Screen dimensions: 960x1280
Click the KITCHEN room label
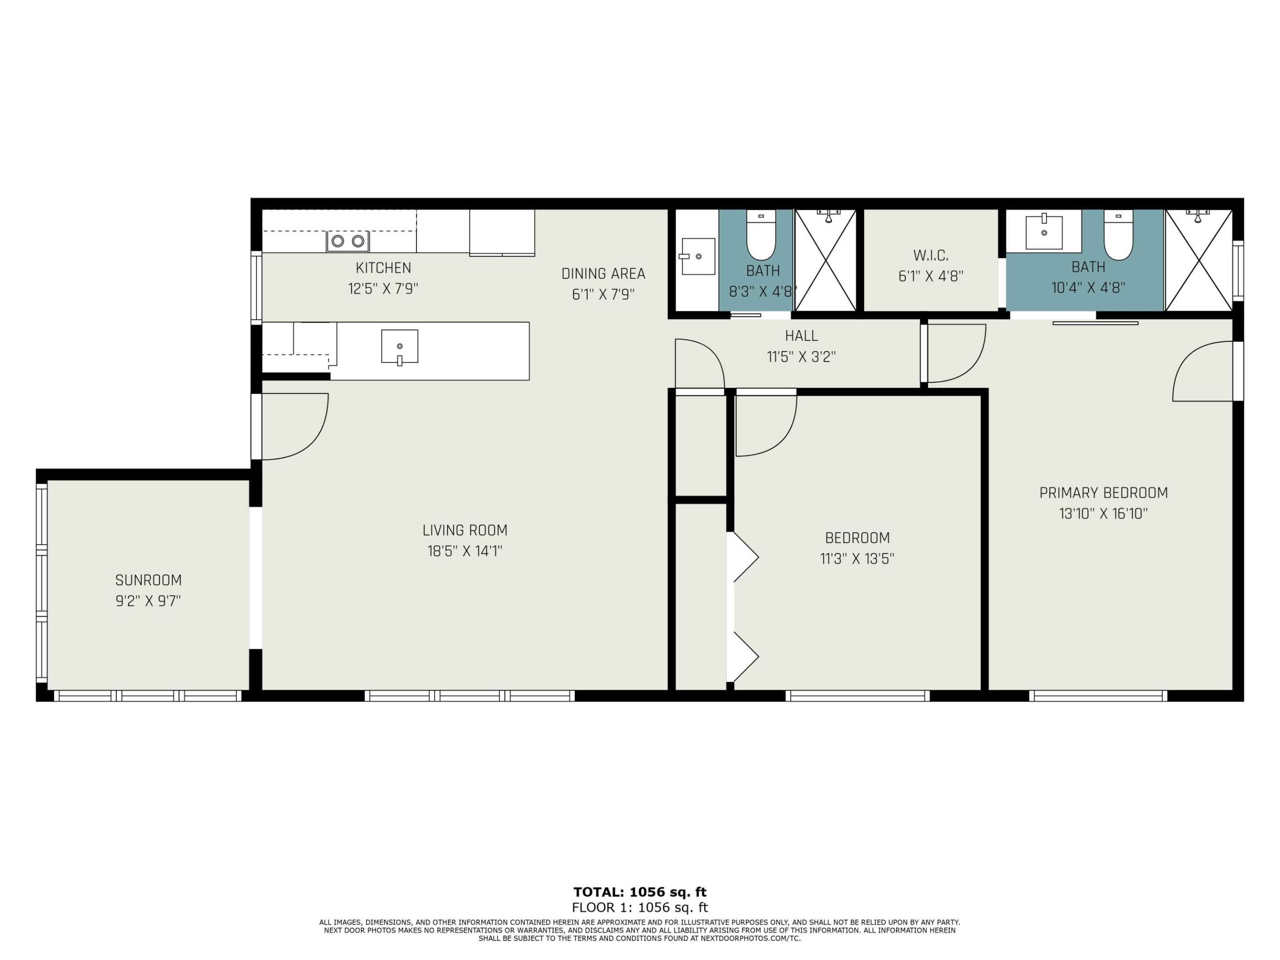(383, 268)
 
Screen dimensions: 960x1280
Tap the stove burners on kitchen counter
(348, 241)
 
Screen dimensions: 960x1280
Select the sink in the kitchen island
(399, 347)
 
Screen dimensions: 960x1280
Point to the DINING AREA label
(603, 274)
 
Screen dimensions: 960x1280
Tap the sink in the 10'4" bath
(1044, 232)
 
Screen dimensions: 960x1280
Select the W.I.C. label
(931, 255)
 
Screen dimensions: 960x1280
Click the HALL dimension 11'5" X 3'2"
(801, 357)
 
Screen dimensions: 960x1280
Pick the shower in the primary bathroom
(1198, 260)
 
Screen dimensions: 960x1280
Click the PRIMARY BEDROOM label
(1103, 493)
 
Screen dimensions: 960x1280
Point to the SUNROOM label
(148, 580)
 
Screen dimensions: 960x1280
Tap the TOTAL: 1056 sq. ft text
(640, 892)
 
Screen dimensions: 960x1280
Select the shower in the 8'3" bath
(825, 260)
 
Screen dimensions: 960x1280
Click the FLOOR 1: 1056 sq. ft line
(640, 908)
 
